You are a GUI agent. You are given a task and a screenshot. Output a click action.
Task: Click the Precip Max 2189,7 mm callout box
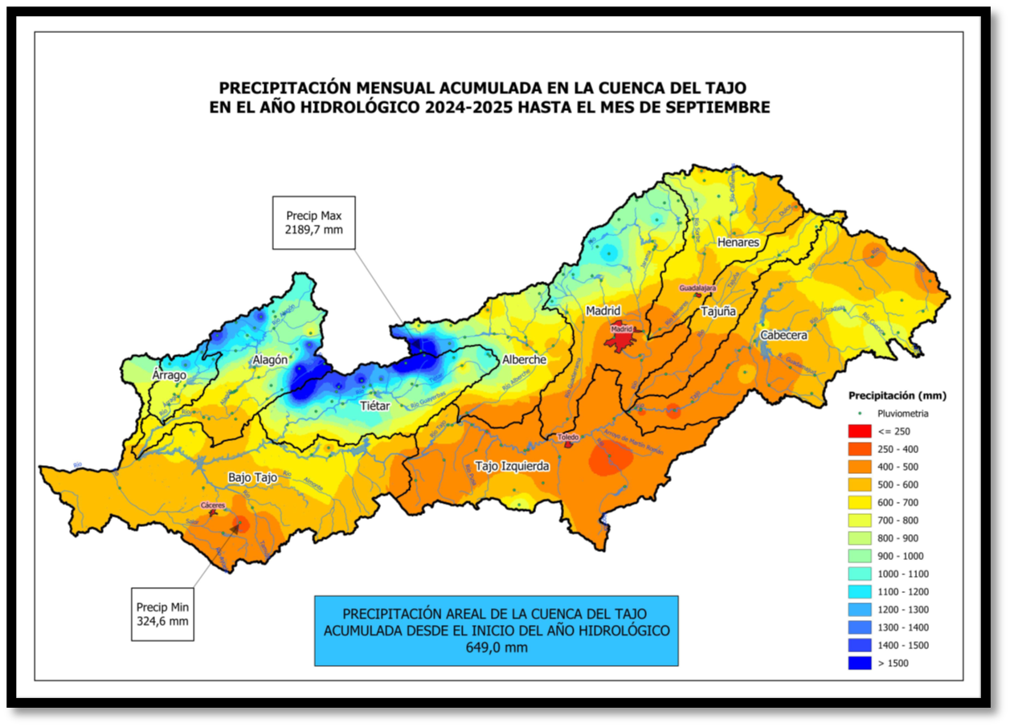point(314,223)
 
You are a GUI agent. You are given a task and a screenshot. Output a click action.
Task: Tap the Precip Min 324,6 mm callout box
point(162,615)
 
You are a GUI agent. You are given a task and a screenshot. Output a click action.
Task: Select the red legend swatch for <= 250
point(859,431)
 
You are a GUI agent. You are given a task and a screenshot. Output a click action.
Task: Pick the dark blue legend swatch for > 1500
point(859,664)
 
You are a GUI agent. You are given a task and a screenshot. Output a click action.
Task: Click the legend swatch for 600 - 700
point(859,503)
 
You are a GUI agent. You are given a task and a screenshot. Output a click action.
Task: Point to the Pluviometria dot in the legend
point(859,414)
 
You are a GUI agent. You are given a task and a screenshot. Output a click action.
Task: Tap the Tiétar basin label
point(374,406)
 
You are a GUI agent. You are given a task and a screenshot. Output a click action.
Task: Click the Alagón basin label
point(269,360)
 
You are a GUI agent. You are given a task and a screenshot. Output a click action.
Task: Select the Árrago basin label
point(169,375)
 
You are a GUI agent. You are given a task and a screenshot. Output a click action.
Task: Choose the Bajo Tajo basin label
point(252,477)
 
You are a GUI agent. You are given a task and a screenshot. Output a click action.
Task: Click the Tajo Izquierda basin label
point(512,466)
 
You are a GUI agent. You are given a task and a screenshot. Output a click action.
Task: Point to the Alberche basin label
point(524,360)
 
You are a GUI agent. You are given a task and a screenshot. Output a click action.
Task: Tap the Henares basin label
point(738,242)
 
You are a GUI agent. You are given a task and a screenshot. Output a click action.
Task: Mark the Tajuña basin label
point(718,311)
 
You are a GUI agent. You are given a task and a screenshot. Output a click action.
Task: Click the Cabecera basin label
point(783,335)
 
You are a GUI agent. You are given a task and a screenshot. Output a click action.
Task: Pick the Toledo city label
point(568,437)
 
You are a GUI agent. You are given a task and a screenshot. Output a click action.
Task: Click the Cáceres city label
point(213,505)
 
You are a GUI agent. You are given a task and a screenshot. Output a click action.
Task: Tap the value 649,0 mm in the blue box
point(496,647)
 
